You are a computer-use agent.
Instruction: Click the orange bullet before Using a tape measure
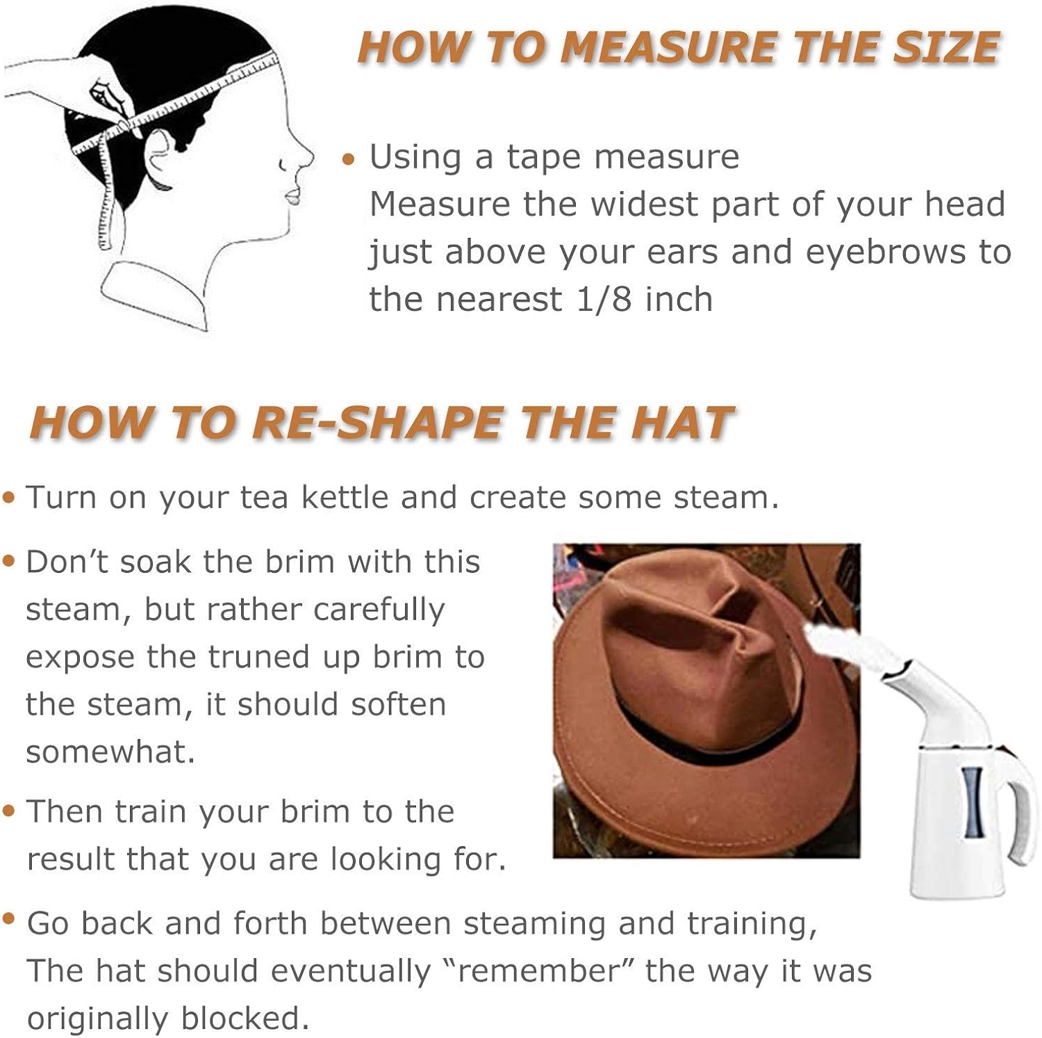tap(349, 160)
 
